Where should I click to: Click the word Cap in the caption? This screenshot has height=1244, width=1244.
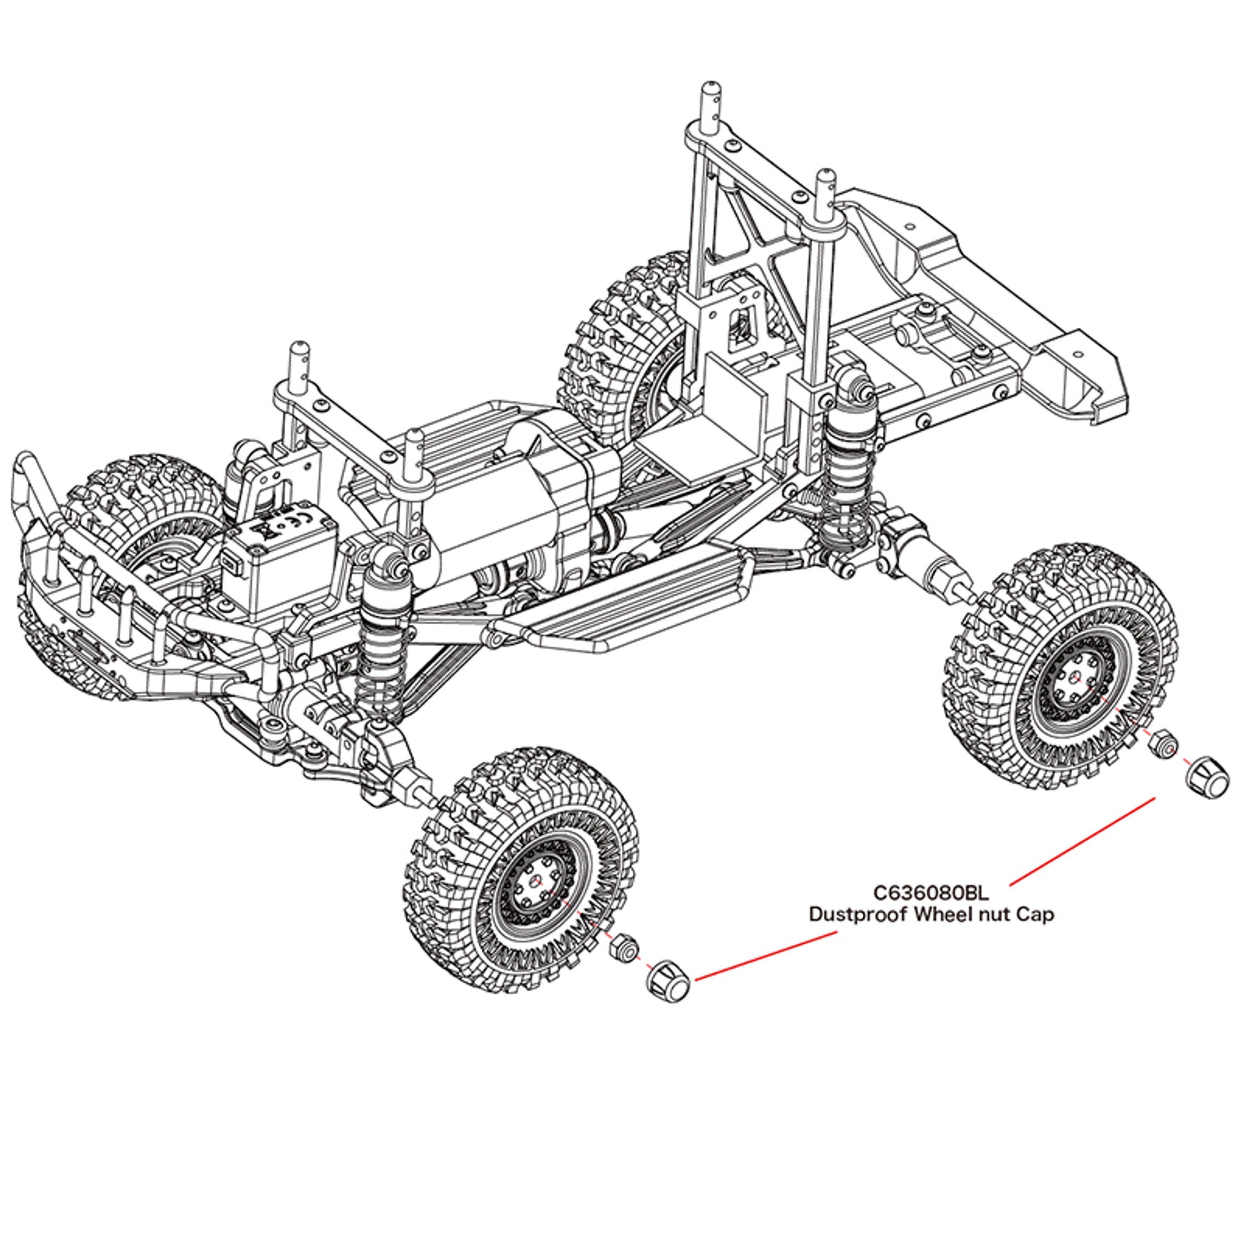1035,915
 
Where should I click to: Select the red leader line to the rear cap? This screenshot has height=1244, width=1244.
1082,840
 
